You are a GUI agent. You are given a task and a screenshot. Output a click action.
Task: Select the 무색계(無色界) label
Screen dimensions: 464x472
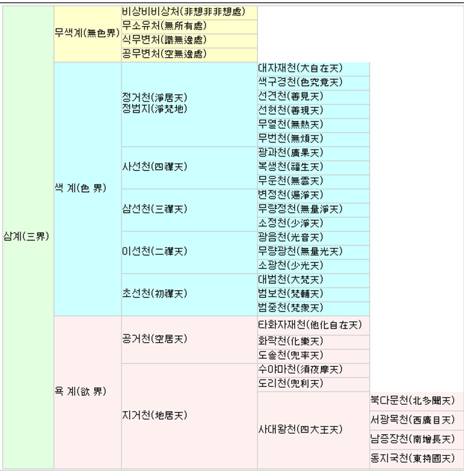[x=87, y=33]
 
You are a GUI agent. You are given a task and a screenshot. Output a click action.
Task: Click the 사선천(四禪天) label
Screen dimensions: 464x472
[x=154, y=167]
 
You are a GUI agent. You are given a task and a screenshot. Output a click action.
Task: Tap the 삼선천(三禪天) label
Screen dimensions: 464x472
[x=154, y=209]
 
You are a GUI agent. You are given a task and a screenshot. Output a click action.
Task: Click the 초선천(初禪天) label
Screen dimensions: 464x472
[x=154, y=293]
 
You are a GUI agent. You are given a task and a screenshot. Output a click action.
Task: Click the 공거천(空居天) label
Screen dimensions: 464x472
[x=154, y=339]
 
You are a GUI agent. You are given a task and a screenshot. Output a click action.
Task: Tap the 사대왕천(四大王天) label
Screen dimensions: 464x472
[x=301, y=429]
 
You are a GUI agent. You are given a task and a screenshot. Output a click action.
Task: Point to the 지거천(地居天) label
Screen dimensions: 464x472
[x=154, y=416]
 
